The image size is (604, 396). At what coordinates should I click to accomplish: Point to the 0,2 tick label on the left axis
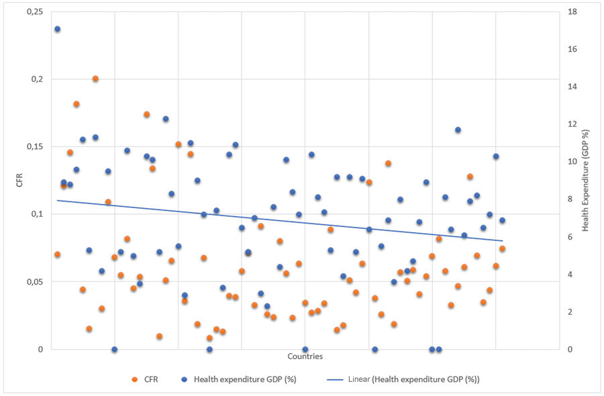pyautogui.click(x=36, y=79)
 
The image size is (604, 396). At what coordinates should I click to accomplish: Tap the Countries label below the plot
pyautogui.click(x=305, y=356)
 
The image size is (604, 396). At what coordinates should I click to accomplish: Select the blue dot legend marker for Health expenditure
pyautogui.click(x=184, y=379)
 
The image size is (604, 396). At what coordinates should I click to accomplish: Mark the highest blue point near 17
pyautogui.click(x=57, y=30)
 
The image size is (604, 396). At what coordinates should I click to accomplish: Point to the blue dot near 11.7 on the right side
pyautogui.click(x=458, y=130)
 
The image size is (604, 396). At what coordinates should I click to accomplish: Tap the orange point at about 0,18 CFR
pyautogui.click(x=77, y=104)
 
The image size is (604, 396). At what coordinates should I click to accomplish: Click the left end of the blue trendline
pyautogui.click(x=58, y=200)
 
